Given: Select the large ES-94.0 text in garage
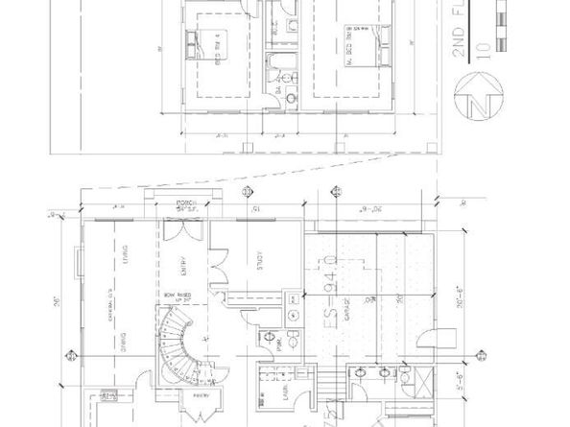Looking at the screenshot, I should [x=330, y=289].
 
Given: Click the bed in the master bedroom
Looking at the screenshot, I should [x=361, y=43].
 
